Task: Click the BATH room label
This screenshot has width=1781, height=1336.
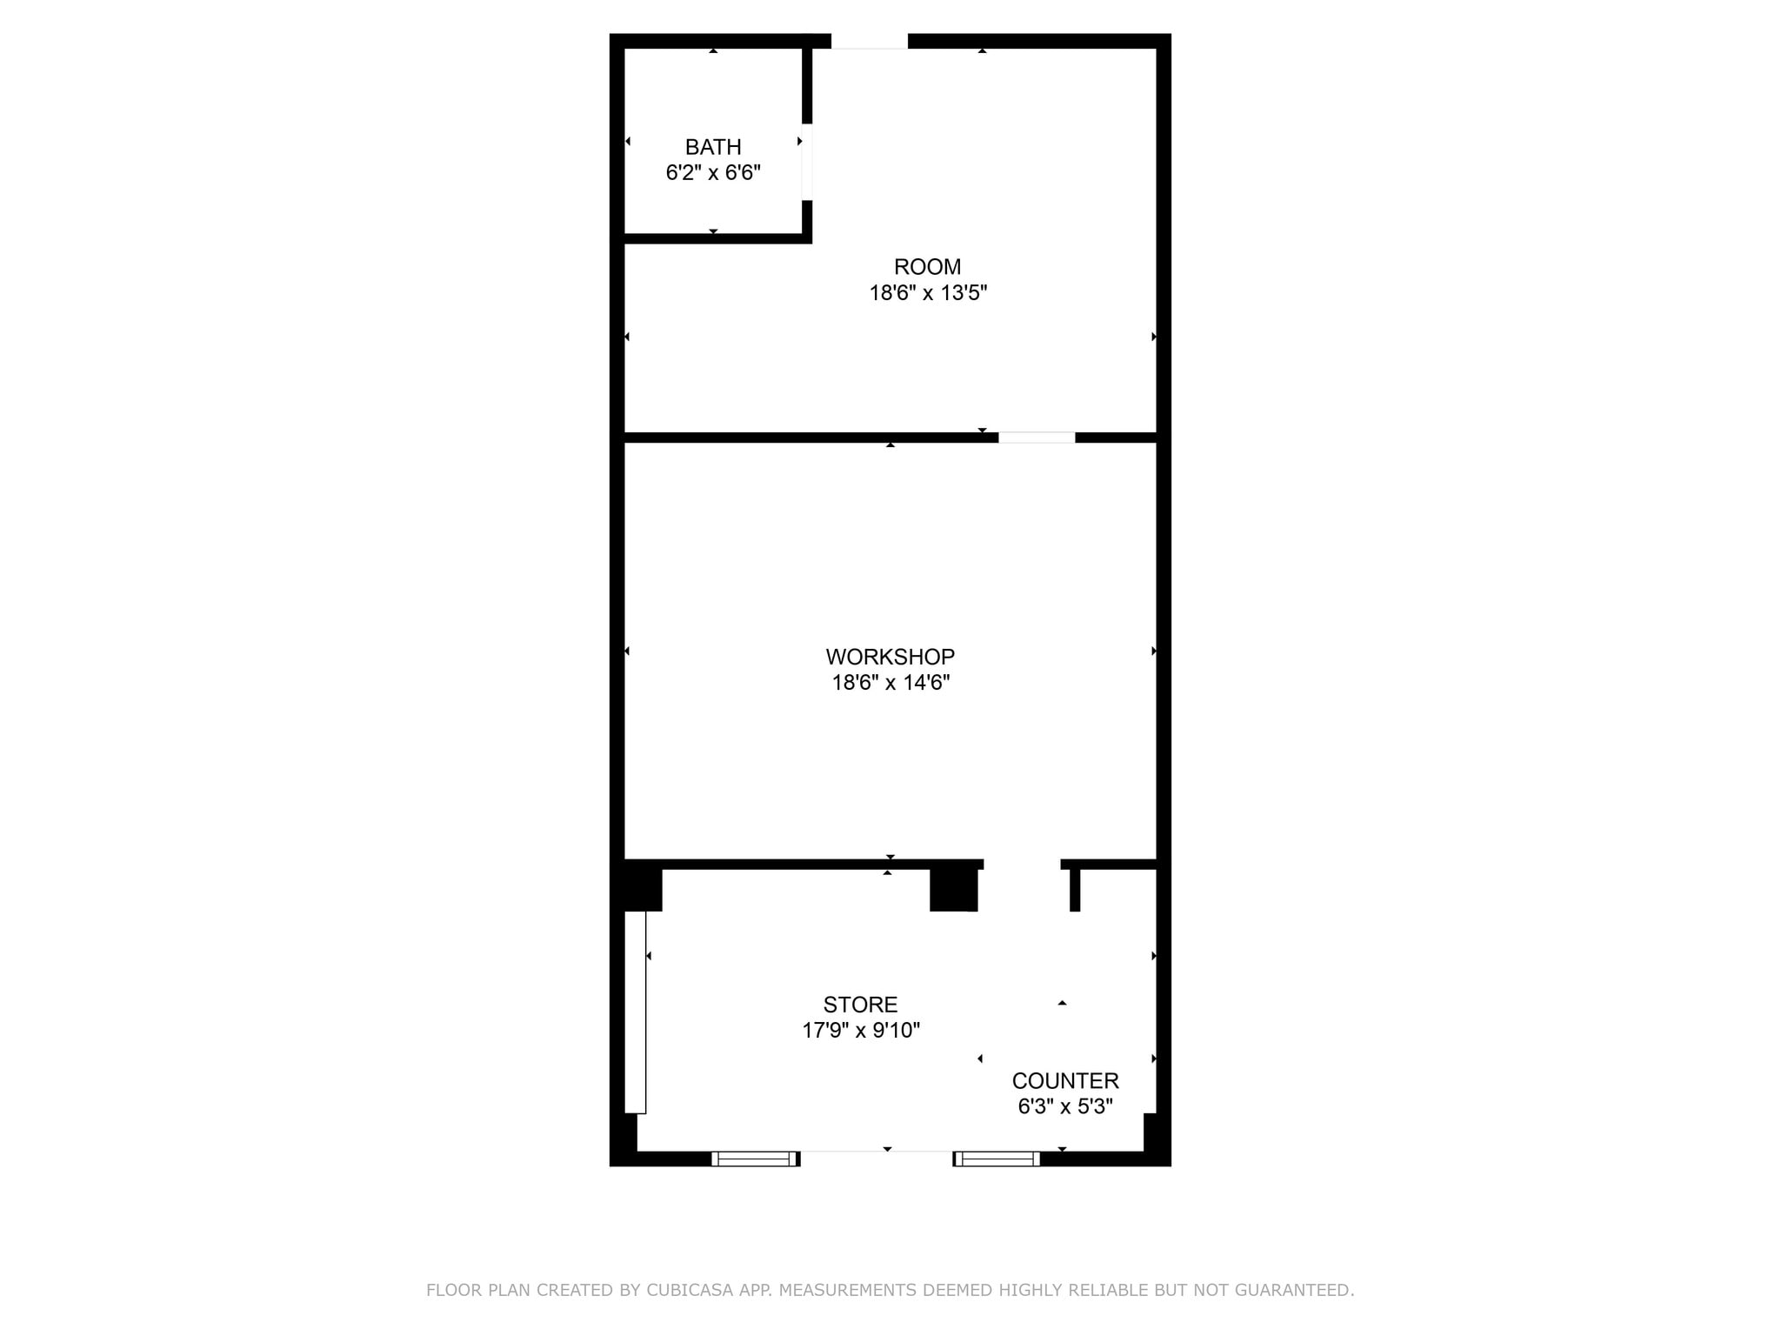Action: (x=713, y=147)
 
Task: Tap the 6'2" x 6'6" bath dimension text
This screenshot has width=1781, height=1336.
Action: (x=713, y=173)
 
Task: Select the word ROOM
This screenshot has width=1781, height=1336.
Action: (x=927, y=267)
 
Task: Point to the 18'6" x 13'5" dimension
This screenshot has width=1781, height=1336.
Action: (x=927, y=293)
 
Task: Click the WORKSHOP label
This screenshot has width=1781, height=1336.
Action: (x=890, y=657)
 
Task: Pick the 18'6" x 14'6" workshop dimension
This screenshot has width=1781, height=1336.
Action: (x=890, y=683)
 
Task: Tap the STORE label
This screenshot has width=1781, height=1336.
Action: (x=860, y=1005)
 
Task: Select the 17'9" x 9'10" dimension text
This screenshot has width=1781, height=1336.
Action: (x=860, y=1031)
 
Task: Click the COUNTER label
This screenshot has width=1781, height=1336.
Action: (x=1065, y=1081)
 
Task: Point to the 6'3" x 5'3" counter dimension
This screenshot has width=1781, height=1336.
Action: (x=1065, y=1106)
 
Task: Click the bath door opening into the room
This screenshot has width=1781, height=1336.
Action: (x=807, y=163)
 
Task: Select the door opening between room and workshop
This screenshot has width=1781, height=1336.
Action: (x=1037, y=438)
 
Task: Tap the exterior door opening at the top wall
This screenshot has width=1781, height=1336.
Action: (x=870, y=42)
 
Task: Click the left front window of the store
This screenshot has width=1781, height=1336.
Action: (x=755, y=1159)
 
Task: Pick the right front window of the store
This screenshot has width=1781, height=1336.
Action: (x=997, y=1159)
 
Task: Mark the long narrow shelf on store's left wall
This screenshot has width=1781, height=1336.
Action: (x=636, y=1012)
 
